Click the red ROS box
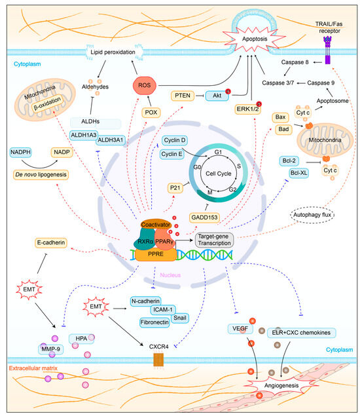pyautogui.click(x=144, y=85)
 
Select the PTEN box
pyautogui.click(x=185, y=96)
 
